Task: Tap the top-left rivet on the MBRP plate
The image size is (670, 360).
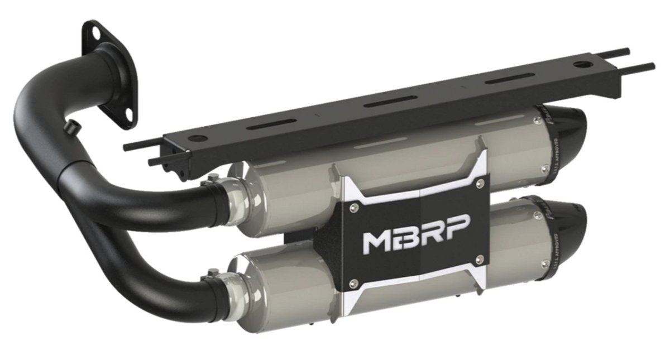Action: (x=351, y=207)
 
